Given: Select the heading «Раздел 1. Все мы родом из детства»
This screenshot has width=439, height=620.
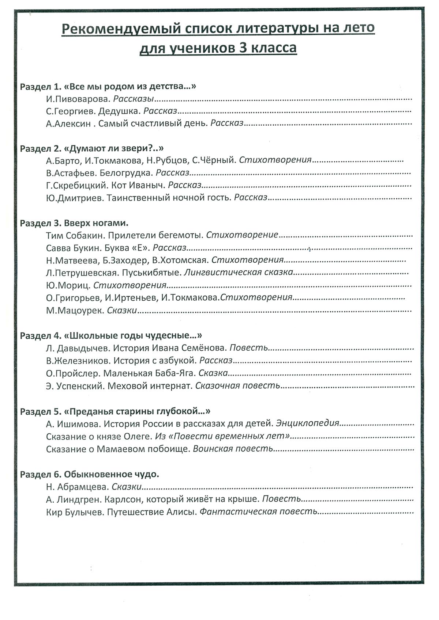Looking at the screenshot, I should coord(108,87).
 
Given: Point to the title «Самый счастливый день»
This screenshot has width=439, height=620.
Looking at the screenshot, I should coord(153,123).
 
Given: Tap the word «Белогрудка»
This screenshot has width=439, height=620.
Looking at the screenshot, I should coord(126,172).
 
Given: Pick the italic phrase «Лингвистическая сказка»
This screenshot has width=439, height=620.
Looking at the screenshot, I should coord(238,273).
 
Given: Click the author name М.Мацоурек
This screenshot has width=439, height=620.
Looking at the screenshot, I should coord(75,311).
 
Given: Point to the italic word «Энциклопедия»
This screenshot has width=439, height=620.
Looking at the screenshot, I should coord(308,424).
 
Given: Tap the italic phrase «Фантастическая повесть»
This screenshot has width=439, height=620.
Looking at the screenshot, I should coord(258,512).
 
